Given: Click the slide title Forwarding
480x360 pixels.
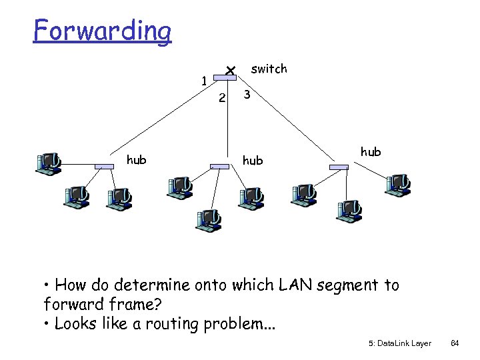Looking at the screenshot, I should [x=103, y=30].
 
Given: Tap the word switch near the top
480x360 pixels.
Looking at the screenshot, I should [x=269, y=69].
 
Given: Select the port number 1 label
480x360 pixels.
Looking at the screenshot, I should [x=205, y=81].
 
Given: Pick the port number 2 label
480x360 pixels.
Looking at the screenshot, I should [x=223, y=99].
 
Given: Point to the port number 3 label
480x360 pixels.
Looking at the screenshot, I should [x=247, y=95].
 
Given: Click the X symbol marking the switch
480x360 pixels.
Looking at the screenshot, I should [x=229, y=70].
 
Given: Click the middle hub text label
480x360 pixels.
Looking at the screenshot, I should [x=253, y=160].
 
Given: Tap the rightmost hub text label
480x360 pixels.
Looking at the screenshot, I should [x=371, y=151].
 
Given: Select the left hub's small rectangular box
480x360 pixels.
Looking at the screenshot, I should [x=104, y=165].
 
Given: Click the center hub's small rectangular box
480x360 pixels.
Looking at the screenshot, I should [x=219, y=166].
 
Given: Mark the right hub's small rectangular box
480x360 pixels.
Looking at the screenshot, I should [x=339, y=166].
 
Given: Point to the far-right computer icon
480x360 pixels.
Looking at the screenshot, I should [x=398, y=183].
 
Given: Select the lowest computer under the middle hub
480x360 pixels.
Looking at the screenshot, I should [x=208, y=219].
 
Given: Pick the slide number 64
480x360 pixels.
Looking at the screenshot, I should [x=455, y=343].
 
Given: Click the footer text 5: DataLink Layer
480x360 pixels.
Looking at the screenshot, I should [x=399, y=343].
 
